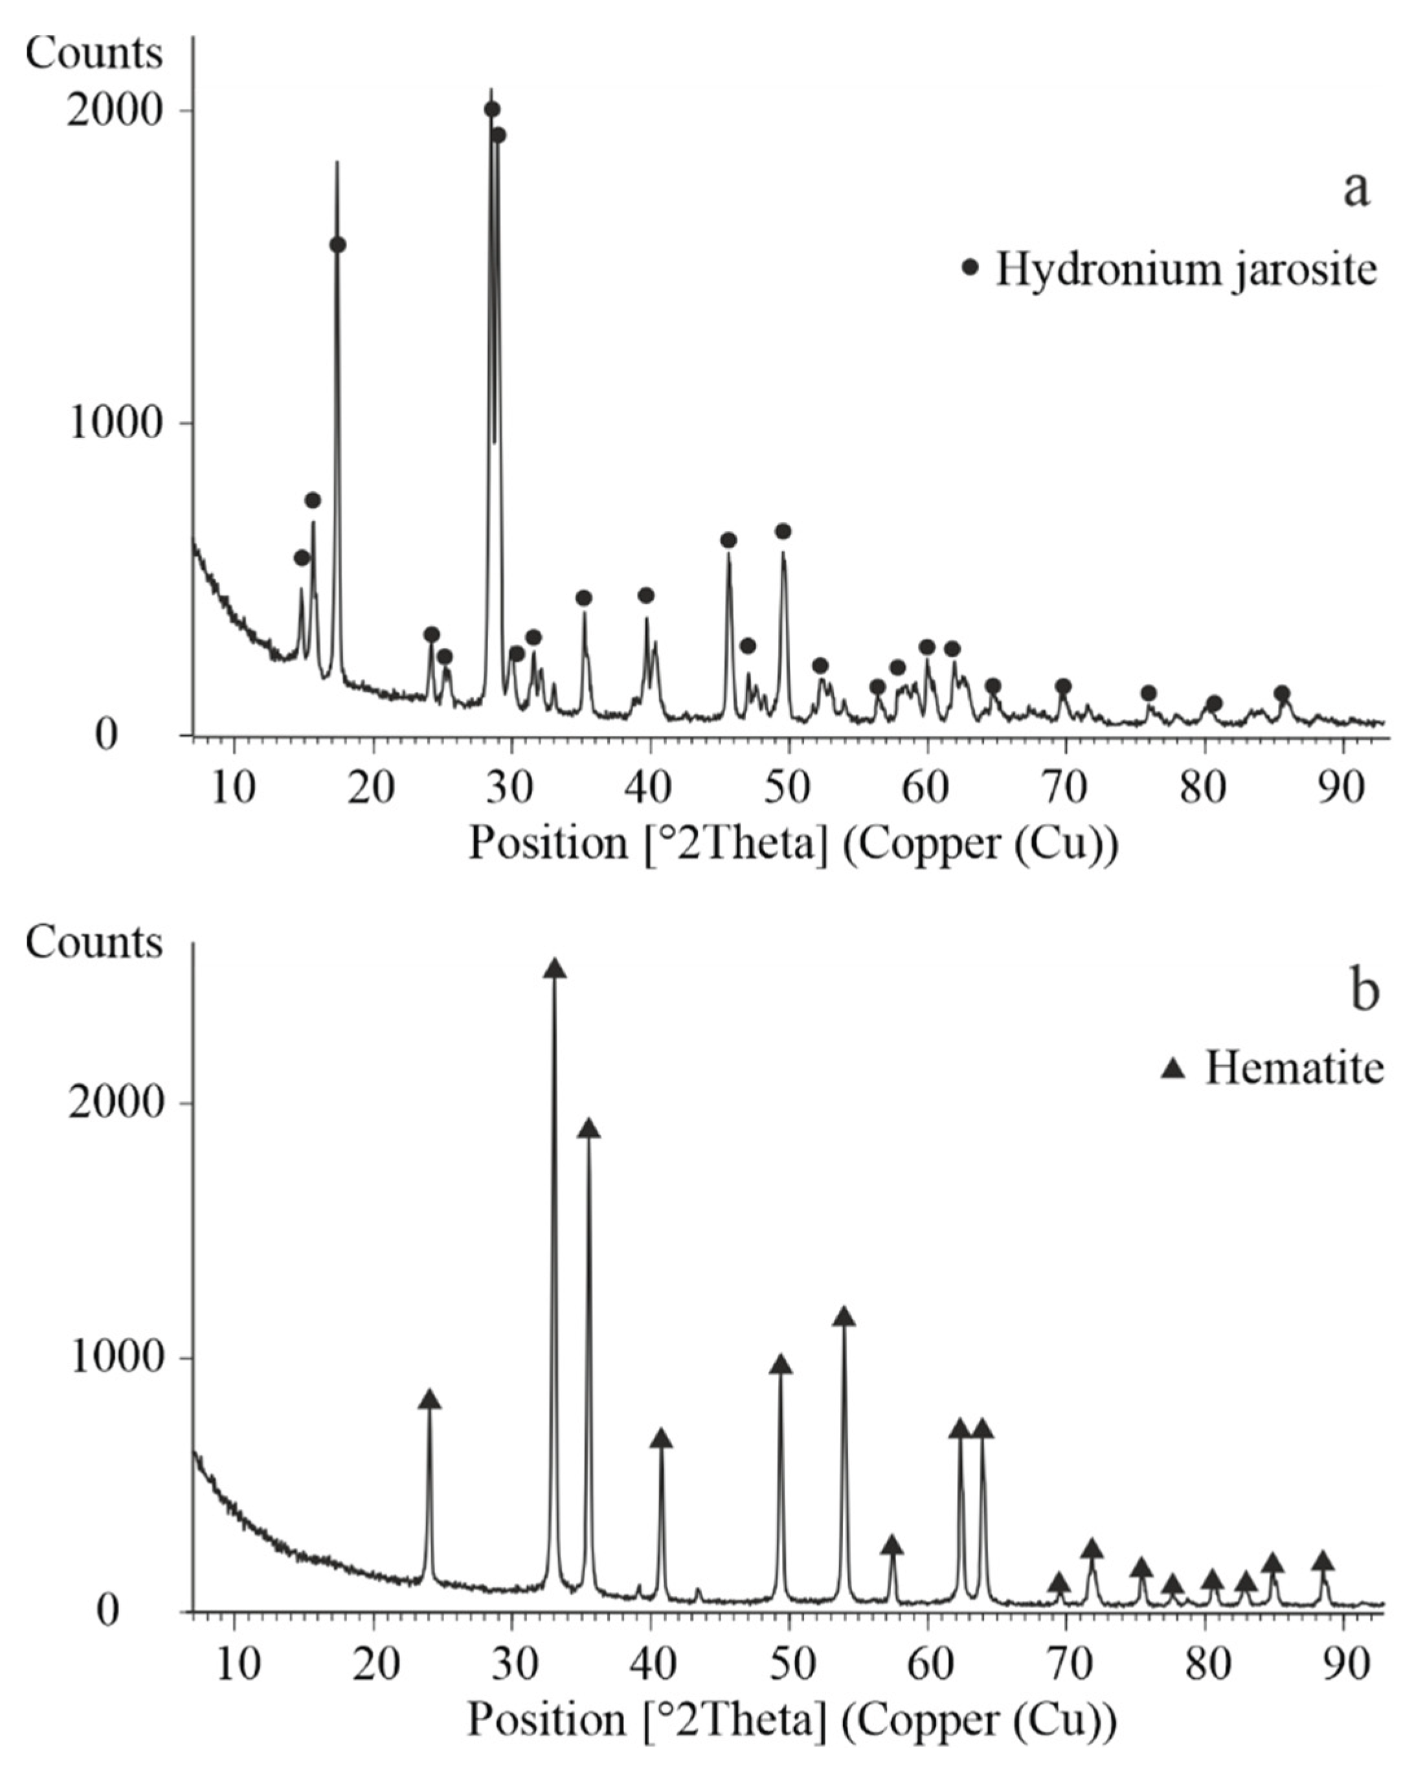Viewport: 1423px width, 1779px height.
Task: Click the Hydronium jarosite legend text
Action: pos(1186,269)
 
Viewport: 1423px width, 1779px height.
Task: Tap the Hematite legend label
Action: pos(1294,1068)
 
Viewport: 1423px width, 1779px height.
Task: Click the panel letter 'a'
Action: pos(1356,190)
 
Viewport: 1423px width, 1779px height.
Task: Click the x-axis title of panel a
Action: pos(793,843)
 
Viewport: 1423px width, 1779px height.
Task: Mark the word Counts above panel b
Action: pos(93,942)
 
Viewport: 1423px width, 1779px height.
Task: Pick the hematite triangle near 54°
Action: pos(844,1317)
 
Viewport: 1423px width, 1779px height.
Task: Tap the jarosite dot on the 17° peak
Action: pos(337,245)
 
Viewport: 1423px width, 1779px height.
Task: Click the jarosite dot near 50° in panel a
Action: pos(783,531)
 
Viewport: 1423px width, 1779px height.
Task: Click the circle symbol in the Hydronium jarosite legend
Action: pos(970,267)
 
